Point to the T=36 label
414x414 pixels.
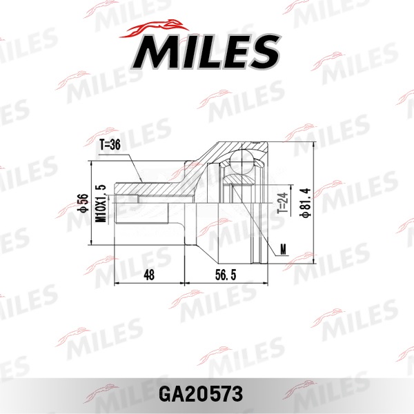pyautogui.click(x=110, y=146)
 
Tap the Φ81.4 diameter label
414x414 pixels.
pyautogui.click(x=304, y=205)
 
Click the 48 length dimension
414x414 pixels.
pyautogui.click(x=149, y=275)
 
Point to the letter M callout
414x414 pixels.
pyautogui.click(x=283, y=248)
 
